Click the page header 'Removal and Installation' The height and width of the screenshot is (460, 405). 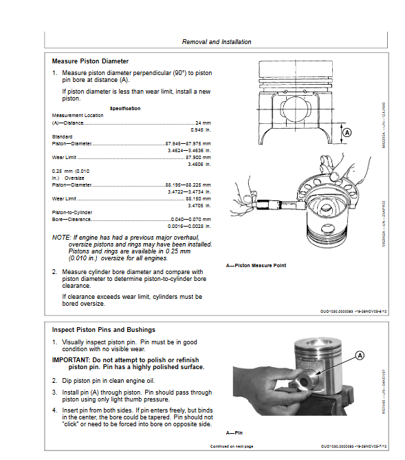pos(216,42)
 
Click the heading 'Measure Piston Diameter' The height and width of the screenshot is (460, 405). pos(90,61)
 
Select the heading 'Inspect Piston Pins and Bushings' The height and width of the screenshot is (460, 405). pos(103,330)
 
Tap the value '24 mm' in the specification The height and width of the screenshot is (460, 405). pos(203,123)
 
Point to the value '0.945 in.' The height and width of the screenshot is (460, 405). pos(201,129)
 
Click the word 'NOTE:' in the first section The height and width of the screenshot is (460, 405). pos(61,237)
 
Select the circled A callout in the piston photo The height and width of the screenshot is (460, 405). pos(359,355)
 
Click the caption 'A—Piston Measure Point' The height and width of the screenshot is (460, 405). pos(256,266)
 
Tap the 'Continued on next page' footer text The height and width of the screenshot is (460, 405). pos(232,447)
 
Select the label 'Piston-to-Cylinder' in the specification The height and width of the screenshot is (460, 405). pos(72,212)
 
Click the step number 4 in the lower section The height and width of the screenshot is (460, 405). pos(54,410)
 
